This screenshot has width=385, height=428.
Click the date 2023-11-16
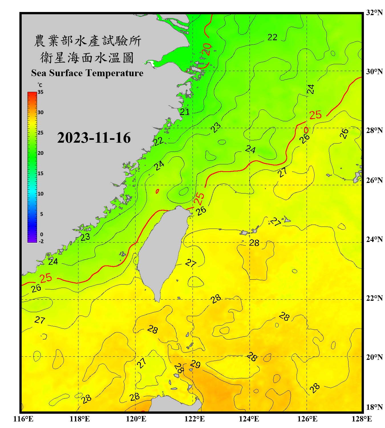click(x=94, y=138)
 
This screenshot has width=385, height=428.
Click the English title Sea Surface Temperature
click(x=87, y=73)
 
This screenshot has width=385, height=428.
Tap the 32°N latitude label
click(x=374, y=13)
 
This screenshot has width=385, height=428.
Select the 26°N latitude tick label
click(x=374, y=180)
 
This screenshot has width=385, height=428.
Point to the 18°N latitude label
click(x=374, y=407)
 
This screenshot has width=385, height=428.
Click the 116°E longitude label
click(x=23, y=419)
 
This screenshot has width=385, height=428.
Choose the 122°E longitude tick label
click(x=194, y=419)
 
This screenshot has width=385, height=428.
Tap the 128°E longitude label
click(x=362, y=419)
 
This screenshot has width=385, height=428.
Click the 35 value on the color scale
click(x=40, y=92)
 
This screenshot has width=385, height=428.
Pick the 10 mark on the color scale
click(x=40, y=194)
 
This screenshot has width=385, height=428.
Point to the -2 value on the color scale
click(x=41, y=241)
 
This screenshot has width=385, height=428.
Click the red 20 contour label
click(x=206, y=49)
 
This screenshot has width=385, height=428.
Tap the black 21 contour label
click(x=185, y=112)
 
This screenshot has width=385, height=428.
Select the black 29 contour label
click(x=195, y=364)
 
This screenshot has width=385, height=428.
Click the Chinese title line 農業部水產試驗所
click(x=87, y=41)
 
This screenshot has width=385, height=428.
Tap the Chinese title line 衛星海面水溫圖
click(x=87, y=58)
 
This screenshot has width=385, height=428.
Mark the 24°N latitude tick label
click(x=374, y=239)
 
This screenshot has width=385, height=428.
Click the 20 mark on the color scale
click(x=40, y=153)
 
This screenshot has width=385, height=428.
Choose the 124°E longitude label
click(x=249, y=419)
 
